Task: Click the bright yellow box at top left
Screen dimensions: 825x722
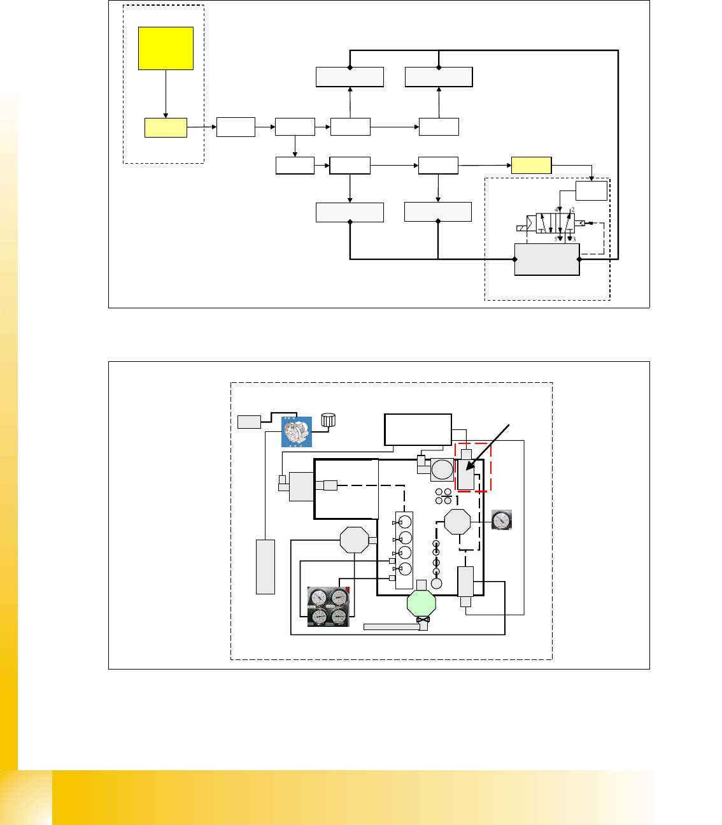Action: pos(166,48)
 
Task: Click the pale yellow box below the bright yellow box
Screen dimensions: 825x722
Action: pos(166,127)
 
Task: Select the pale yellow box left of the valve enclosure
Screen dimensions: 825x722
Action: pos(531,165)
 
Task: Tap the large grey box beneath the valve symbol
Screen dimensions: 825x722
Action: pos(547,259)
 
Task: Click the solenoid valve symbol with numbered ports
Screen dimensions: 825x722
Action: pos(555,224)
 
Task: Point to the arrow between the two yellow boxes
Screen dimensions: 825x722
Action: pos(166,94)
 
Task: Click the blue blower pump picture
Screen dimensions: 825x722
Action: pos(297,432)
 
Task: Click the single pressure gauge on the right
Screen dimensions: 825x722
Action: pos(502,520)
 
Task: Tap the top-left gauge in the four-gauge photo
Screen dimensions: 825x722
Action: pos(318,598)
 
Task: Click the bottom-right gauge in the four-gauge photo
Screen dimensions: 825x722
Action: pos(339,616)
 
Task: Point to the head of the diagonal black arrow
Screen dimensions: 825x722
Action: pos(467,470)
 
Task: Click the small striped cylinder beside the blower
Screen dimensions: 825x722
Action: pos(329,420)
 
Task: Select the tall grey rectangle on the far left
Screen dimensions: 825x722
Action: pos(265,567)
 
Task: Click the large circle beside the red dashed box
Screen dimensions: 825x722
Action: pos(442,470)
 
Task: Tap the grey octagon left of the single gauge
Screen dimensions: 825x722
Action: pos(457,522)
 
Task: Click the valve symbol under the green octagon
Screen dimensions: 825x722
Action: pos(423,620)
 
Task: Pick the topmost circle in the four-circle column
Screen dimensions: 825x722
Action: pos(405,522)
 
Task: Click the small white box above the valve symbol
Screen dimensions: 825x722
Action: pos(591,191)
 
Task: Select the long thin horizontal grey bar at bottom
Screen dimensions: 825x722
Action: pos(392,627)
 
